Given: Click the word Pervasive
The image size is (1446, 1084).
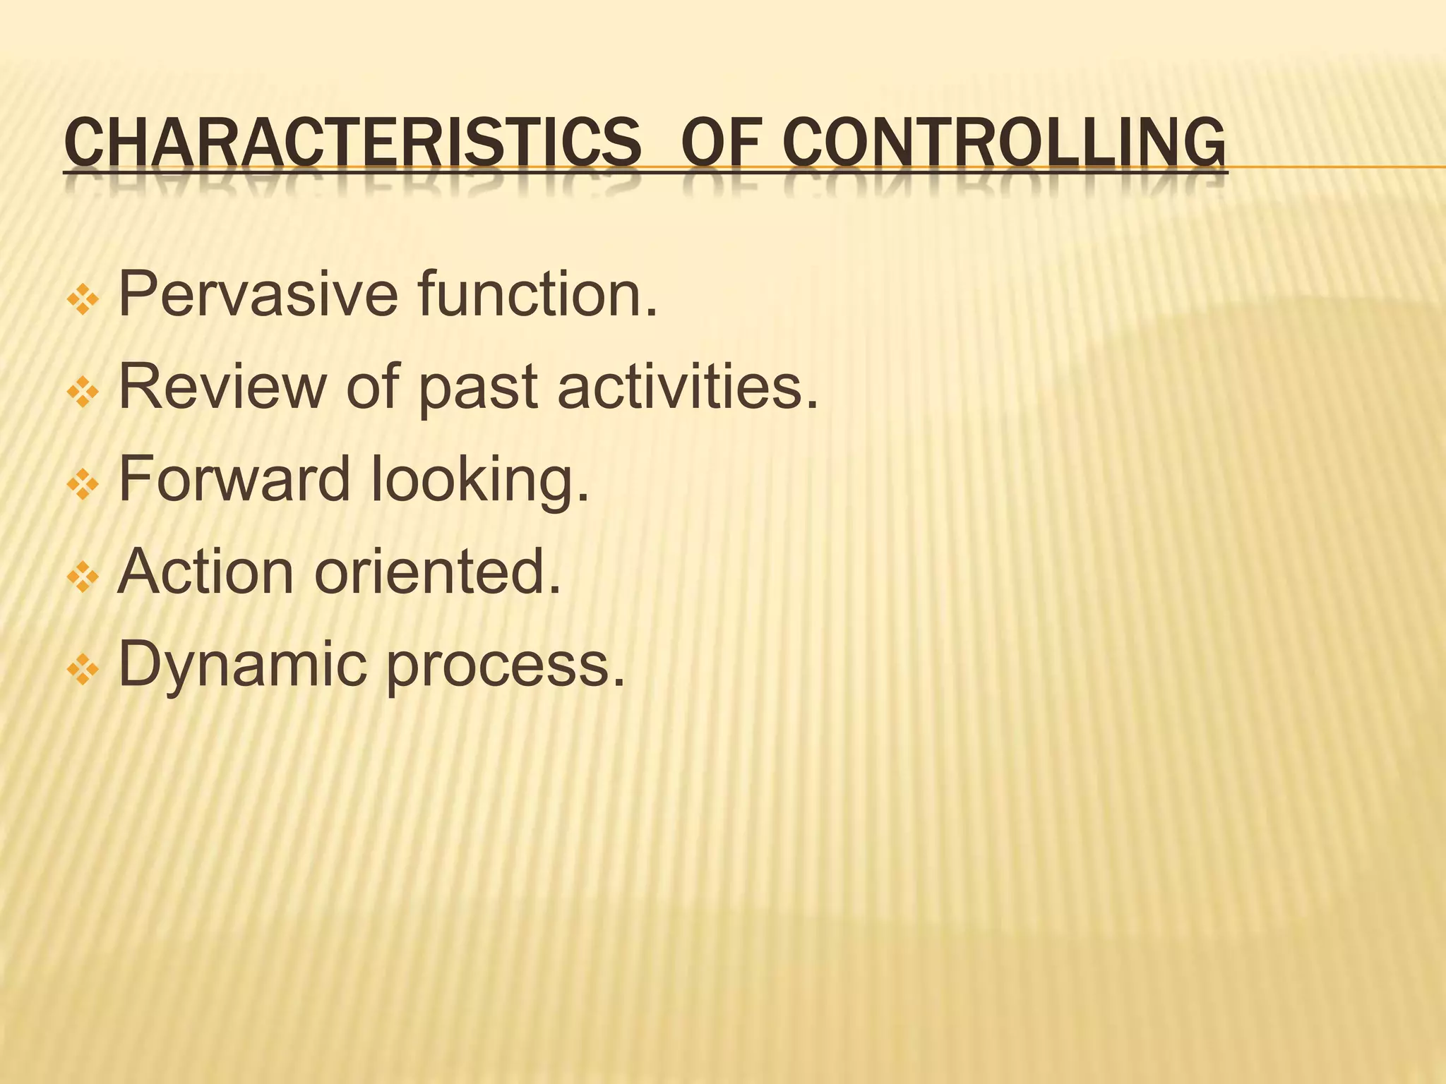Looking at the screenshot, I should coord(258,294).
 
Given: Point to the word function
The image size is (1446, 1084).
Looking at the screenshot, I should coord(537,294).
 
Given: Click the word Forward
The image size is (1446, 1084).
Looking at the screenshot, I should coord(234,479).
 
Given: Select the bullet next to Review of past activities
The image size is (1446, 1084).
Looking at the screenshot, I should coord(83,394).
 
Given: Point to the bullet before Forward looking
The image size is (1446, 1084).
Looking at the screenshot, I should coord(83,486).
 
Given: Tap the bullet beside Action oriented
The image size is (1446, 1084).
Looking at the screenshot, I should coord(83,579).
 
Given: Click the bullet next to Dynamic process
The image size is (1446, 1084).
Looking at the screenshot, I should coord(83,671).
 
